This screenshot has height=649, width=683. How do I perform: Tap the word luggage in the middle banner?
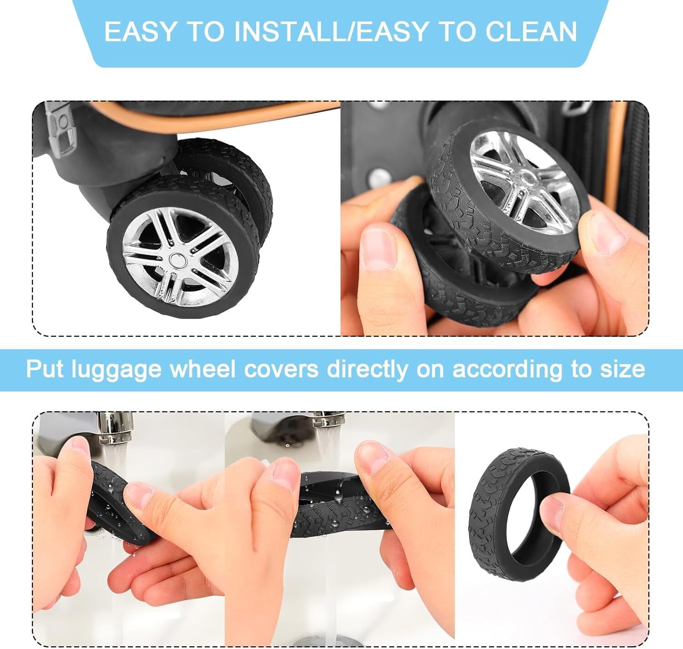point(117,370)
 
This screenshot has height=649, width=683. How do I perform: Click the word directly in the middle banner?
point(367,369)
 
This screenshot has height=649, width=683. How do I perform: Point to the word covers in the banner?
point(281,369)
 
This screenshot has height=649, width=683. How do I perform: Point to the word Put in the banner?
point(45,369)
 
